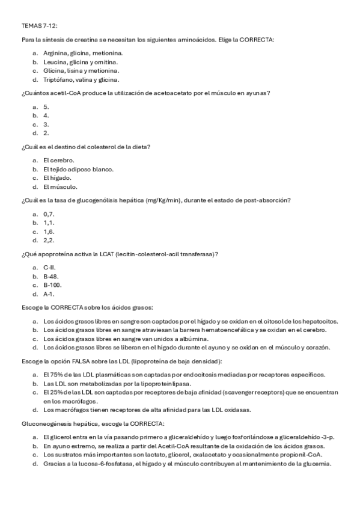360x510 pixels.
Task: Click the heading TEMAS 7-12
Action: click(40, 26)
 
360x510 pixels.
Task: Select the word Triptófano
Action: click(59, 79)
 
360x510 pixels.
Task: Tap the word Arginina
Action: click(56, 53)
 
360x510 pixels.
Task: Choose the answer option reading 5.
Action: click(46, 106)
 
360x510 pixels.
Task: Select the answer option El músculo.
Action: click(60, 186)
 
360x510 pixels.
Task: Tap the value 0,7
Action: click(49, 214)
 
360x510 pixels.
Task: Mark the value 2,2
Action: click(49, 240)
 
